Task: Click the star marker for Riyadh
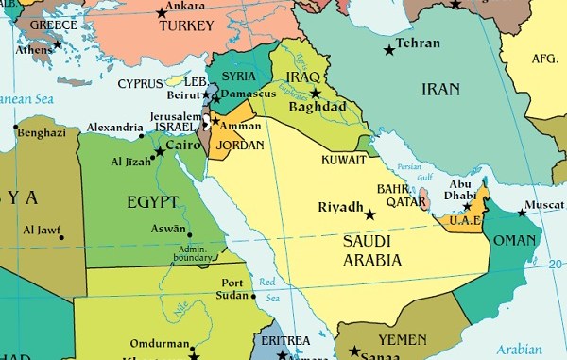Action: tap(369, 215)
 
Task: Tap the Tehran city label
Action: tap(418, 43)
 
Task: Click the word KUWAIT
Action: tap(343, 160)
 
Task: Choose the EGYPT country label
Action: tap(151, 201)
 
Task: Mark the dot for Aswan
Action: tap(189, 235)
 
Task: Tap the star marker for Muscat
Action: tap(522, 214)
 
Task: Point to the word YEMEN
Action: tap(403, 339)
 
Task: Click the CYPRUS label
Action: tap(141, 84)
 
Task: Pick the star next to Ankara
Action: tap(162, 13)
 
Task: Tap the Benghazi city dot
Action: tap(14, 126)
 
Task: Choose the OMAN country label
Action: tap(514, 240)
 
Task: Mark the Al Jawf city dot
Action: tap(62, 236)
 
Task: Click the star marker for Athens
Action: tap(58, 43)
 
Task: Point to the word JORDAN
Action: tap(240, 146)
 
